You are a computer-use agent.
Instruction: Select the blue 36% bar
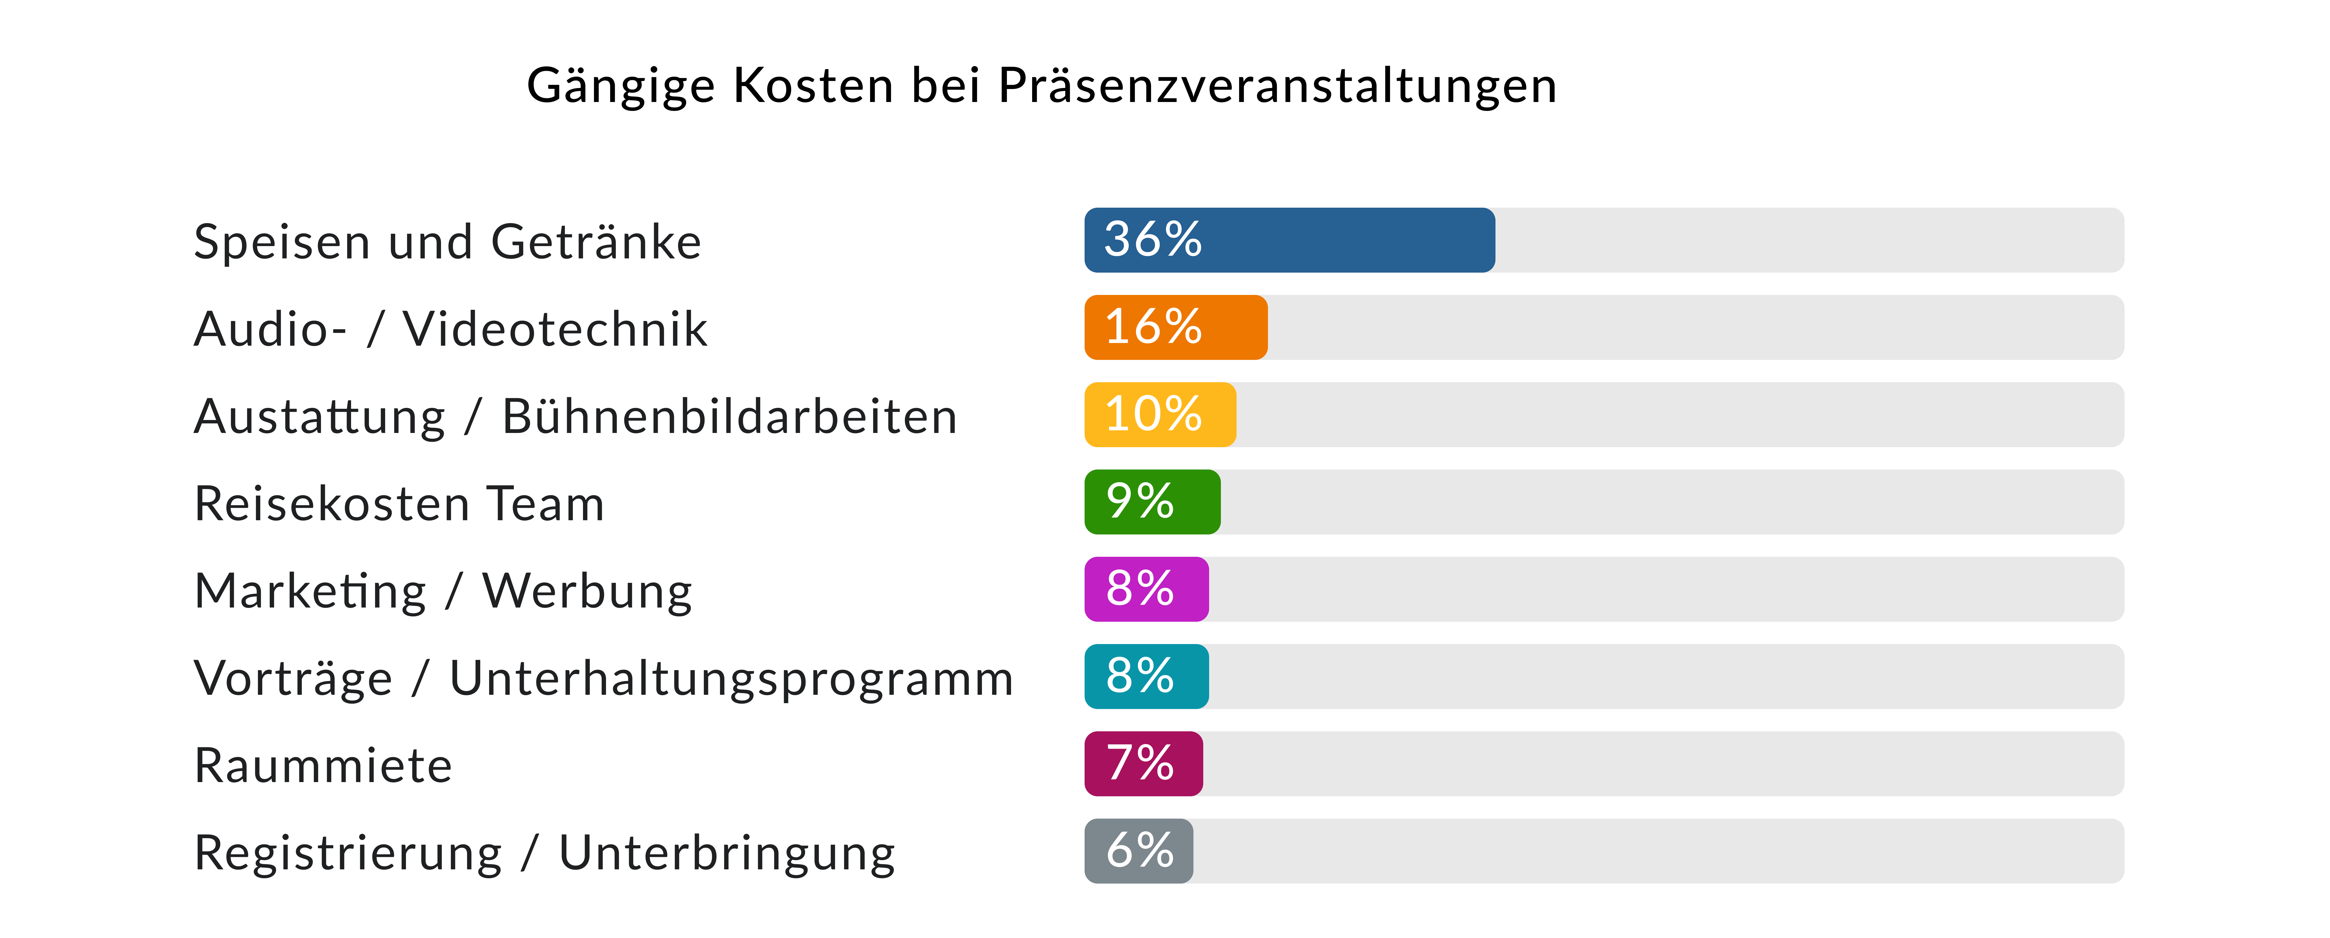pos(1290,240)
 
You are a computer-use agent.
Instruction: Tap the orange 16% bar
pos(1176,328)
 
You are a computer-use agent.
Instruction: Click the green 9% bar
pos(1152,502)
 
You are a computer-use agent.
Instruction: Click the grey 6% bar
pos(1139,851)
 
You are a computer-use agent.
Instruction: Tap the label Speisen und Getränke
pos(448,242)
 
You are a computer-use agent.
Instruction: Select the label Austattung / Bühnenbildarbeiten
pos(575,417)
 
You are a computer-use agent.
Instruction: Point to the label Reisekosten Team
pos(399,504)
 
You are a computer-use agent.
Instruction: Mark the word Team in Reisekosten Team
pos(545,504)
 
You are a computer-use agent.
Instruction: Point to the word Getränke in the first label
pos(596,242)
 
